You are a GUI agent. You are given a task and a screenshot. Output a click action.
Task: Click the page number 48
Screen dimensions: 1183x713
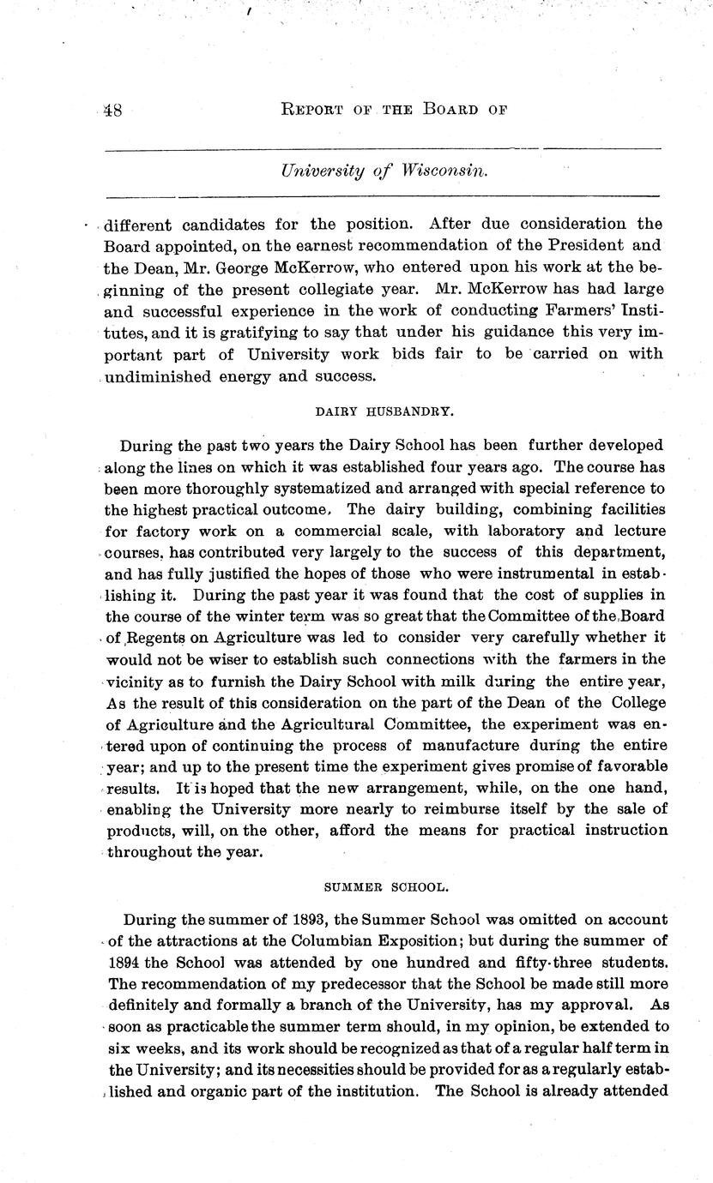pos(112,111)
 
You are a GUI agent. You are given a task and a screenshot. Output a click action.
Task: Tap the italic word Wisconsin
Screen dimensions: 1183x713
pos(443,171)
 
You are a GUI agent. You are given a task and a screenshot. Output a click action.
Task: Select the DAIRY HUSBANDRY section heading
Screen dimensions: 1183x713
pos(384,411)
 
